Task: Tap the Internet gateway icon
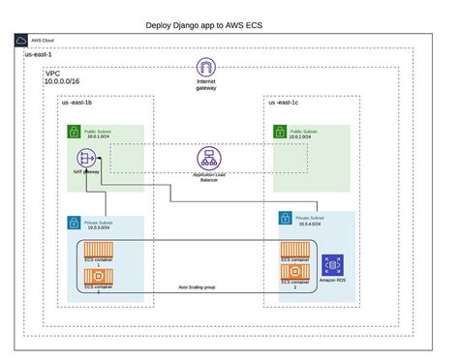206,69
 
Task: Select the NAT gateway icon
84,159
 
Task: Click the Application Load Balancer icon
206,157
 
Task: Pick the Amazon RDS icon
333,264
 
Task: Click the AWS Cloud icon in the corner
21,42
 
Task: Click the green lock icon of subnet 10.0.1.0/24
74,131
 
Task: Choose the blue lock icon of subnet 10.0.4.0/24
286,219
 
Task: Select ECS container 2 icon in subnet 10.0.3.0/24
97,281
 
